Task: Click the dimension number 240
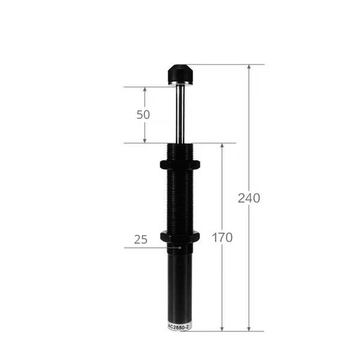click(249, 198)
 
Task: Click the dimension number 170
click(222, 238)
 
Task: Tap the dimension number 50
click(143, 115)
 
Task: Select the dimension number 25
click(140, 239)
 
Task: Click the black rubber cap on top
click(180, 73)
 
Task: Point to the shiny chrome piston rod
click(180, 114)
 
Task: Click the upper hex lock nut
click(180, 164)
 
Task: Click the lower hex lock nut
click(180, 237)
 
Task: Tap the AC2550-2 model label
click(179, 328)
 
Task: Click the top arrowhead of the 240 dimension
click(249, 67)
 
